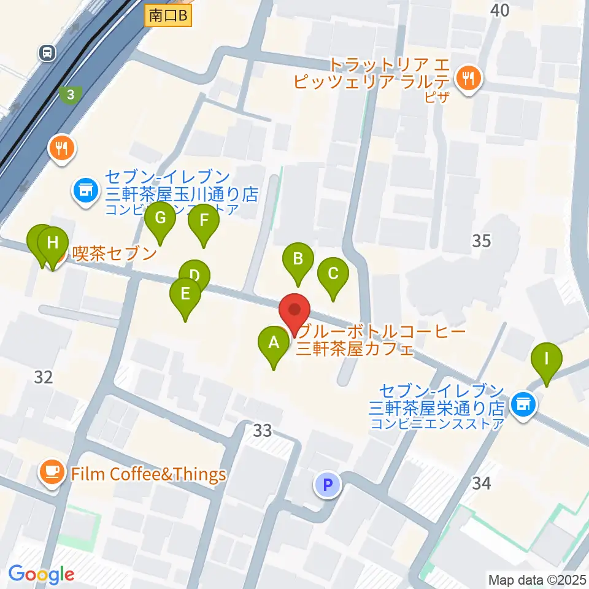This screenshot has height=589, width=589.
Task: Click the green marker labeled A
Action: (x=273, y=344)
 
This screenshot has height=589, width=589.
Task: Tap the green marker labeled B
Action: (x=298, y=260)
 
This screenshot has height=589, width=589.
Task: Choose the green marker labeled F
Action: (x=203, y=221)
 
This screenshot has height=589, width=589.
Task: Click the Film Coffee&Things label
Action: (x=148, y=474)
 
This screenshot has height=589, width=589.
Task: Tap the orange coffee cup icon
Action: (x=52, y=472)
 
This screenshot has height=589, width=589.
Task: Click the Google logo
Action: (x=42, y=574)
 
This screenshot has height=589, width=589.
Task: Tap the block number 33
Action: (x=263, y=431)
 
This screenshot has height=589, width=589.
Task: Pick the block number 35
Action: (x=482, y=241)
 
